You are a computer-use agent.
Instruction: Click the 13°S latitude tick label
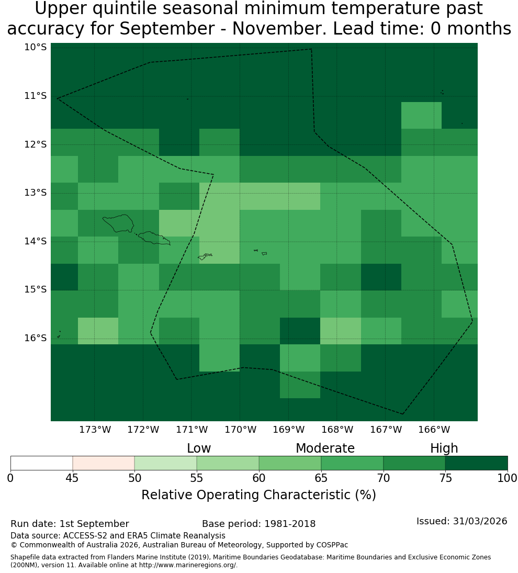point(36,192)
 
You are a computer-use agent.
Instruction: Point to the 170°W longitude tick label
point(240,430)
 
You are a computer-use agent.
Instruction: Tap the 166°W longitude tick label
point(434,430)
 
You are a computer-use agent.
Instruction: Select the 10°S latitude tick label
point(36,47)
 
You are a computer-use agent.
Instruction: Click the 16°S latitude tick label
point(36,338)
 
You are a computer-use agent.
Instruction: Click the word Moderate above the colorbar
point(325,448)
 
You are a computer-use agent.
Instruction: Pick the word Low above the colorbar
point(199,448)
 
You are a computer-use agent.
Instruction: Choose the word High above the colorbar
point(444,448)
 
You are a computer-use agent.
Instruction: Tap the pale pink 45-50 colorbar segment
point(104,463)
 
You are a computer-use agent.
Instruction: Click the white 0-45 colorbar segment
point(42,463)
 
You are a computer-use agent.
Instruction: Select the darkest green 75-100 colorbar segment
point(476,463)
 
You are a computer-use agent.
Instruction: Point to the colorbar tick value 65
point(321,478)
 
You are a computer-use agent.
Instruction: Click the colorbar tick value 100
point(508,478)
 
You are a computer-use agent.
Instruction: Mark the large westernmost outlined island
point(118,223)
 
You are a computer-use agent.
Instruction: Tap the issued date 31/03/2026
point(480,521)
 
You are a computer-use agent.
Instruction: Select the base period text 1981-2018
point(290,524)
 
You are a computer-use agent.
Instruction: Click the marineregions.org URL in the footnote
point(188,565)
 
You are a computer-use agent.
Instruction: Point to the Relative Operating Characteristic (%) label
point(258,495)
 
